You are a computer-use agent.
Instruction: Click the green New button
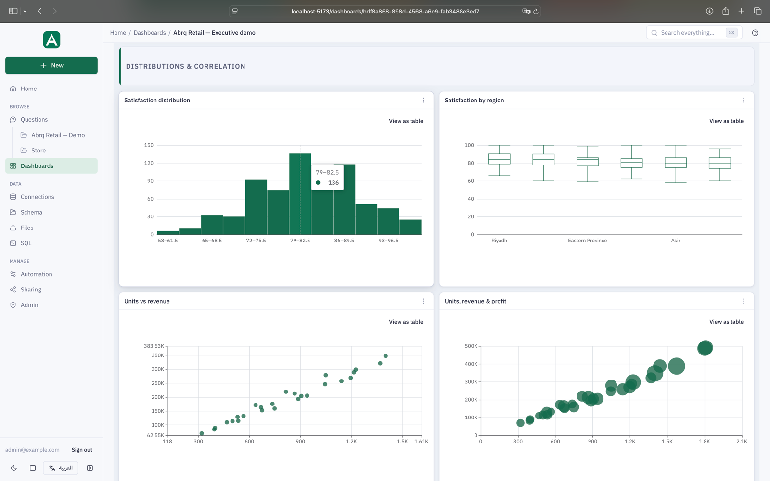(x=51, y=65)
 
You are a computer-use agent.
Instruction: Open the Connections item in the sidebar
(x=37, y=197)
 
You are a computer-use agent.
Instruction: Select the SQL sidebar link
(x=26, y=243)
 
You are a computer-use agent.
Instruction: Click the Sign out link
(x=82, y=450)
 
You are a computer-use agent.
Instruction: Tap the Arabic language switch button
(x=61, y=468)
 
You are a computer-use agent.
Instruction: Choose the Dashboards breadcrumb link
(x=150, y=33)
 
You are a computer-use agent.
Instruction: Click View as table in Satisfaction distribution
(x=406, y=121)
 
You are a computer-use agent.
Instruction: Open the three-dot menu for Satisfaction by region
(x=744, y=100)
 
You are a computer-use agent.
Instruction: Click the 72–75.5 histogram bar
(x=256, y=207)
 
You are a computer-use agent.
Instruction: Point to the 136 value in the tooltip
(x=334, y=182)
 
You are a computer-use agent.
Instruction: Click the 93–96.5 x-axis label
(x=388, y=240)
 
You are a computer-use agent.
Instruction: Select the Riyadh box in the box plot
(x=499, y=159)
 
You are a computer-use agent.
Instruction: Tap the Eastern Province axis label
(x=587, y=240)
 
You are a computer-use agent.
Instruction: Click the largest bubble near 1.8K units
(x=705, y=348)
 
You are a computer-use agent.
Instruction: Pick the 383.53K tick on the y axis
(x=154, y=346)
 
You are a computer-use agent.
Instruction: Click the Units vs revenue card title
(x=147, y=301)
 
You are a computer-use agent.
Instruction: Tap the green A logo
(x=51, y=39)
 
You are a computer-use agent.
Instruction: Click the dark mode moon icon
(x=14, y=468)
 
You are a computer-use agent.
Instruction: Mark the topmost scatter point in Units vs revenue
(x=385, y=356)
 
